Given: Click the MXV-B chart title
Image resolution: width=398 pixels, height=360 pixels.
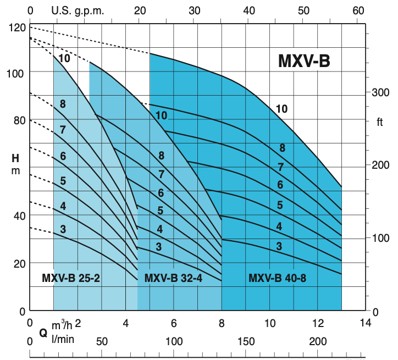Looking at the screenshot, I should [x=303, y=61].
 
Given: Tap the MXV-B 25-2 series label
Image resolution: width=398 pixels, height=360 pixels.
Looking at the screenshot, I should [x=70, y=278].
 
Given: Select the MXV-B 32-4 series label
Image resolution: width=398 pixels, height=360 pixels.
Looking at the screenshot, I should [x=173, y=278].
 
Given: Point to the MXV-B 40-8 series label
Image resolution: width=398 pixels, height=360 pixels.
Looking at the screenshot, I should [x=277, y=278].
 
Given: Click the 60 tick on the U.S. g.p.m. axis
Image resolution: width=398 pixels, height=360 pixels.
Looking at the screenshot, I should [x=358, y=10].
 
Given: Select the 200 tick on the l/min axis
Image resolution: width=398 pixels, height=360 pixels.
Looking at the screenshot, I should [x=318, y=342].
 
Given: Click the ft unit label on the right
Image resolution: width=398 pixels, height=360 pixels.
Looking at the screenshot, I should [x=379, y=122].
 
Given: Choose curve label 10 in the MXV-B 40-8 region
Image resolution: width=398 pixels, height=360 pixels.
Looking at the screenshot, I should [x=281, y=109].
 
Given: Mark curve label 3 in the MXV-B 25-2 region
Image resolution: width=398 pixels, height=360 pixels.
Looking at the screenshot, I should [x=63, y=229].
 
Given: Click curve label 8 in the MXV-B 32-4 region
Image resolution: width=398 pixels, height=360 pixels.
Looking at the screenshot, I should [x=161, y=156].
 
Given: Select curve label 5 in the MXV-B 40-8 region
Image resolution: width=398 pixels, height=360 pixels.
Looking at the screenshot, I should [x=280, y=205].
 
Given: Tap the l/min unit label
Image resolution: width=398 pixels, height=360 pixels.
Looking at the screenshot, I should [x=62, y=340].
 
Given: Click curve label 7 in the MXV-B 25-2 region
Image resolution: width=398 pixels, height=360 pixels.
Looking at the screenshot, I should [x=63, y=130].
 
